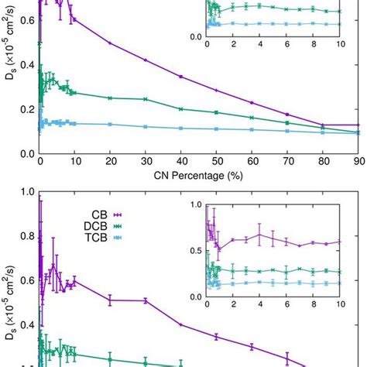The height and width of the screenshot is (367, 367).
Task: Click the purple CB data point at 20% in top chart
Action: (x=110, y=43)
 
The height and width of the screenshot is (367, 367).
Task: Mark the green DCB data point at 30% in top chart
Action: (x=146, y=99)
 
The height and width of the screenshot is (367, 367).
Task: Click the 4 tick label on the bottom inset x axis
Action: (x=260, y=307)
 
